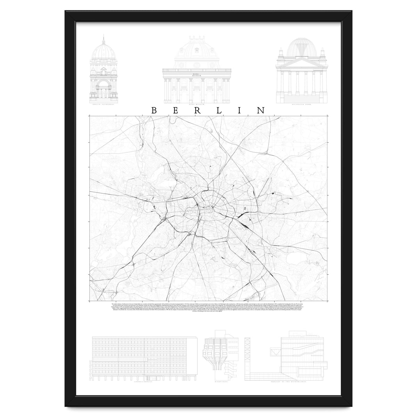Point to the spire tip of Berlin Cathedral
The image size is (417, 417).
104,36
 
